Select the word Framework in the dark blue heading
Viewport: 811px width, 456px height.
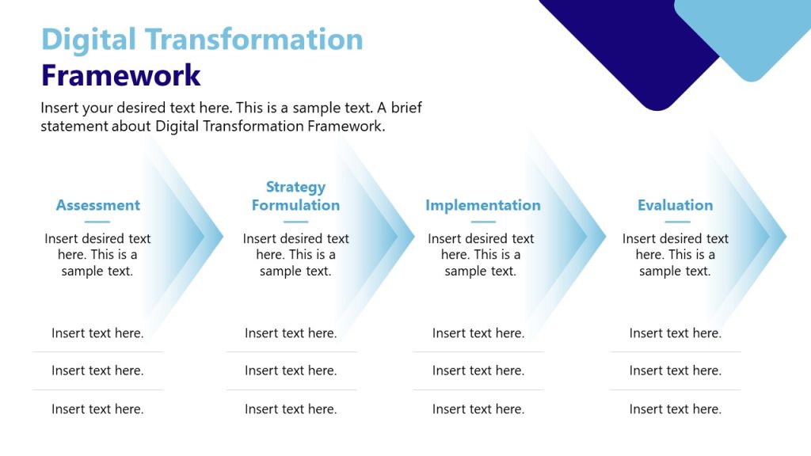(x=121, y=76)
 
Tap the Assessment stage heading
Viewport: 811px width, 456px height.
(x=97, y=205)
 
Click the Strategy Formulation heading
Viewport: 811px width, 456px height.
(x=295, y=196)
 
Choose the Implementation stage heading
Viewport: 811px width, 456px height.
(x=482, y=205)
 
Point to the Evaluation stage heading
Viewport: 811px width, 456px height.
(x=675, y=205)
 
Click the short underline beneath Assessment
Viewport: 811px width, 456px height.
(x=97, y=222)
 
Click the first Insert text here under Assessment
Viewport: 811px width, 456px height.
(x=97, y=333)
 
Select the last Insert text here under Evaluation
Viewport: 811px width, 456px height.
(x=675, y=409)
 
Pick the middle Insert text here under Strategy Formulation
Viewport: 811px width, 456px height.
(x=291, y=370)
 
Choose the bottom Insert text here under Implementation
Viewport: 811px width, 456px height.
(x=478, y=409)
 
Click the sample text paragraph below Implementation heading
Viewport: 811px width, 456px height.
(x=481, y=255)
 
